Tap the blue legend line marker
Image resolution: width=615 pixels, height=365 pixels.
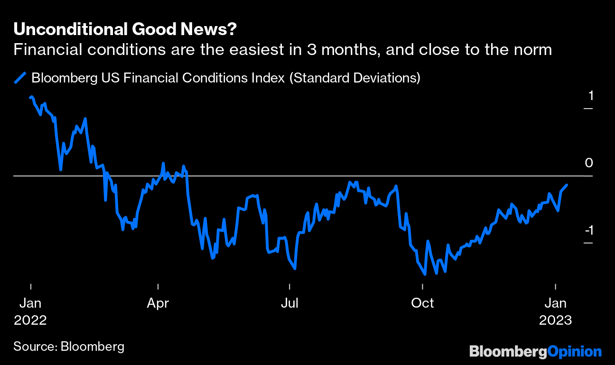(20, 77)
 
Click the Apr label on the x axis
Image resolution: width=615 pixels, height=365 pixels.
(158, 303)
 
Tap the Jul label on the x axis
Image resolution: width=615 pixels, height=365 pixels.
(289, 303)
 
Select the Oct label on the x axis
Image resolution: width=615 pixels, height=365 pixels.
(422, 303)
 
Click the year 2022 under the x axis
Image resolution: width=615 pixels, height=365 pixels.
(30, 320)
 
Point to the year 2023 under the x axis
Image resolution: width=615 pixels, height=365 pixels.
(555, 320)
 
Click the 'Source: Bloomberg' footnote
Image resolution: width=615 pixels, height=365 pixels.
(69, 346)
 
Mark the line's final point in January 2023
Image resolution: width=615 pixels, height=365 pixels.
(568, 185)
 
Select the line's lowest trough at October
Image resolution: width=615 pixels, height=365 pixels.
(425, 274)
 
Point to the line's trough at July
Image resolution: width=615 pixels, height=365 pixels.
(295, 269)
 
